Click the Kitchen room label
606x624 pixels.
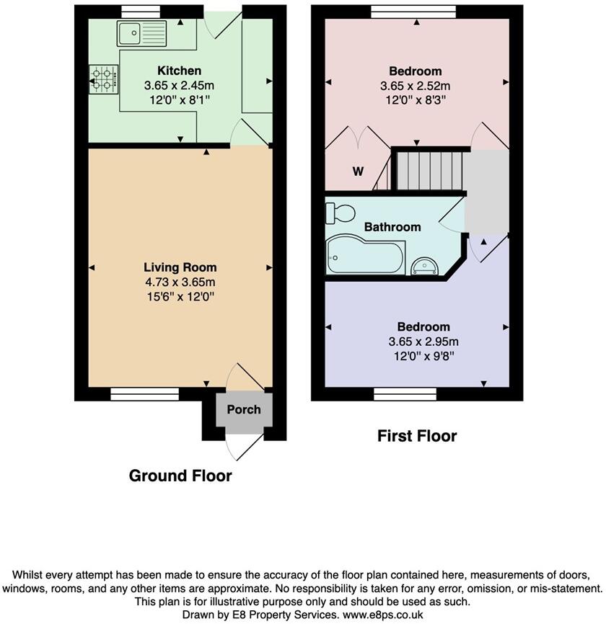click(x=180, y=71)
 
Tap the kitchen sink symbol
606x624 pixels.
click(x=141, y=32)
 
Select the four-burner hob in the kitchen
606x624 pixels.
click(x=102, y=79)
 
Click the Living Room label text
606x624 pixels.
click(x=180, y=267)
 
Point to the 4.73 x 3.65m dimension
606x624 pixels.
click(x=180, y=282)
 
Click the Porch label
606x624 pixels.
click(x=243, y=410)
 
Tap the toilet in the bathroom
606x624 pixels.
click(x=340, y=213)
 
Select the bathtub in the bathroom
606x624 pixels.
click(x=364, y=256)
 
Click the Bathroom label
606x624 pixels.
click(x=392, y=227)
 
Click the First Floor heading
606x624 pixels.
click(x=417, y=436)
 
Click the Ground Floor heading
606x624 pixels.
click(x=180, y=476)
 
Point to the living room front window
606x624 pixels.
click(x=144, y=393)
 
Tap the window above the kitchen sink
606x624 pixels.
click(x=140, y=11)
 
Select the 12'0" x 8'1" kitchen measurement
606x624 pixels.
click(x=180, y=100)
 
